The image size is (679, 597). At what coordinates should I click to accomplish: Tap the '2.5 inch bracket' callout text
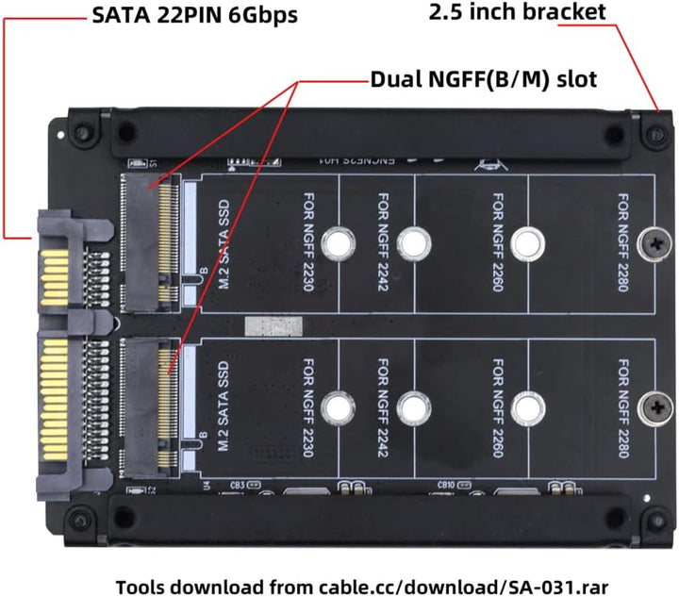(x=518, y=13)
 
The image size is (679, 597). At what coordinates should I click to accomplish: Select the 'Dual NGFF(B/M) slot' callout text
(x=483, y=77)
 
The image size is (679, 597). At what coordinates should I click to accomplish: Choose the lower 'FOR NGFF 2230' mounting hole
(x=337, y=408)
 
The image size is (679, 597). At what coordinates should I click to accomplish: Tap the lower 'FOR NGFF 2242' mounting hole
(x=412, y=408)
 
